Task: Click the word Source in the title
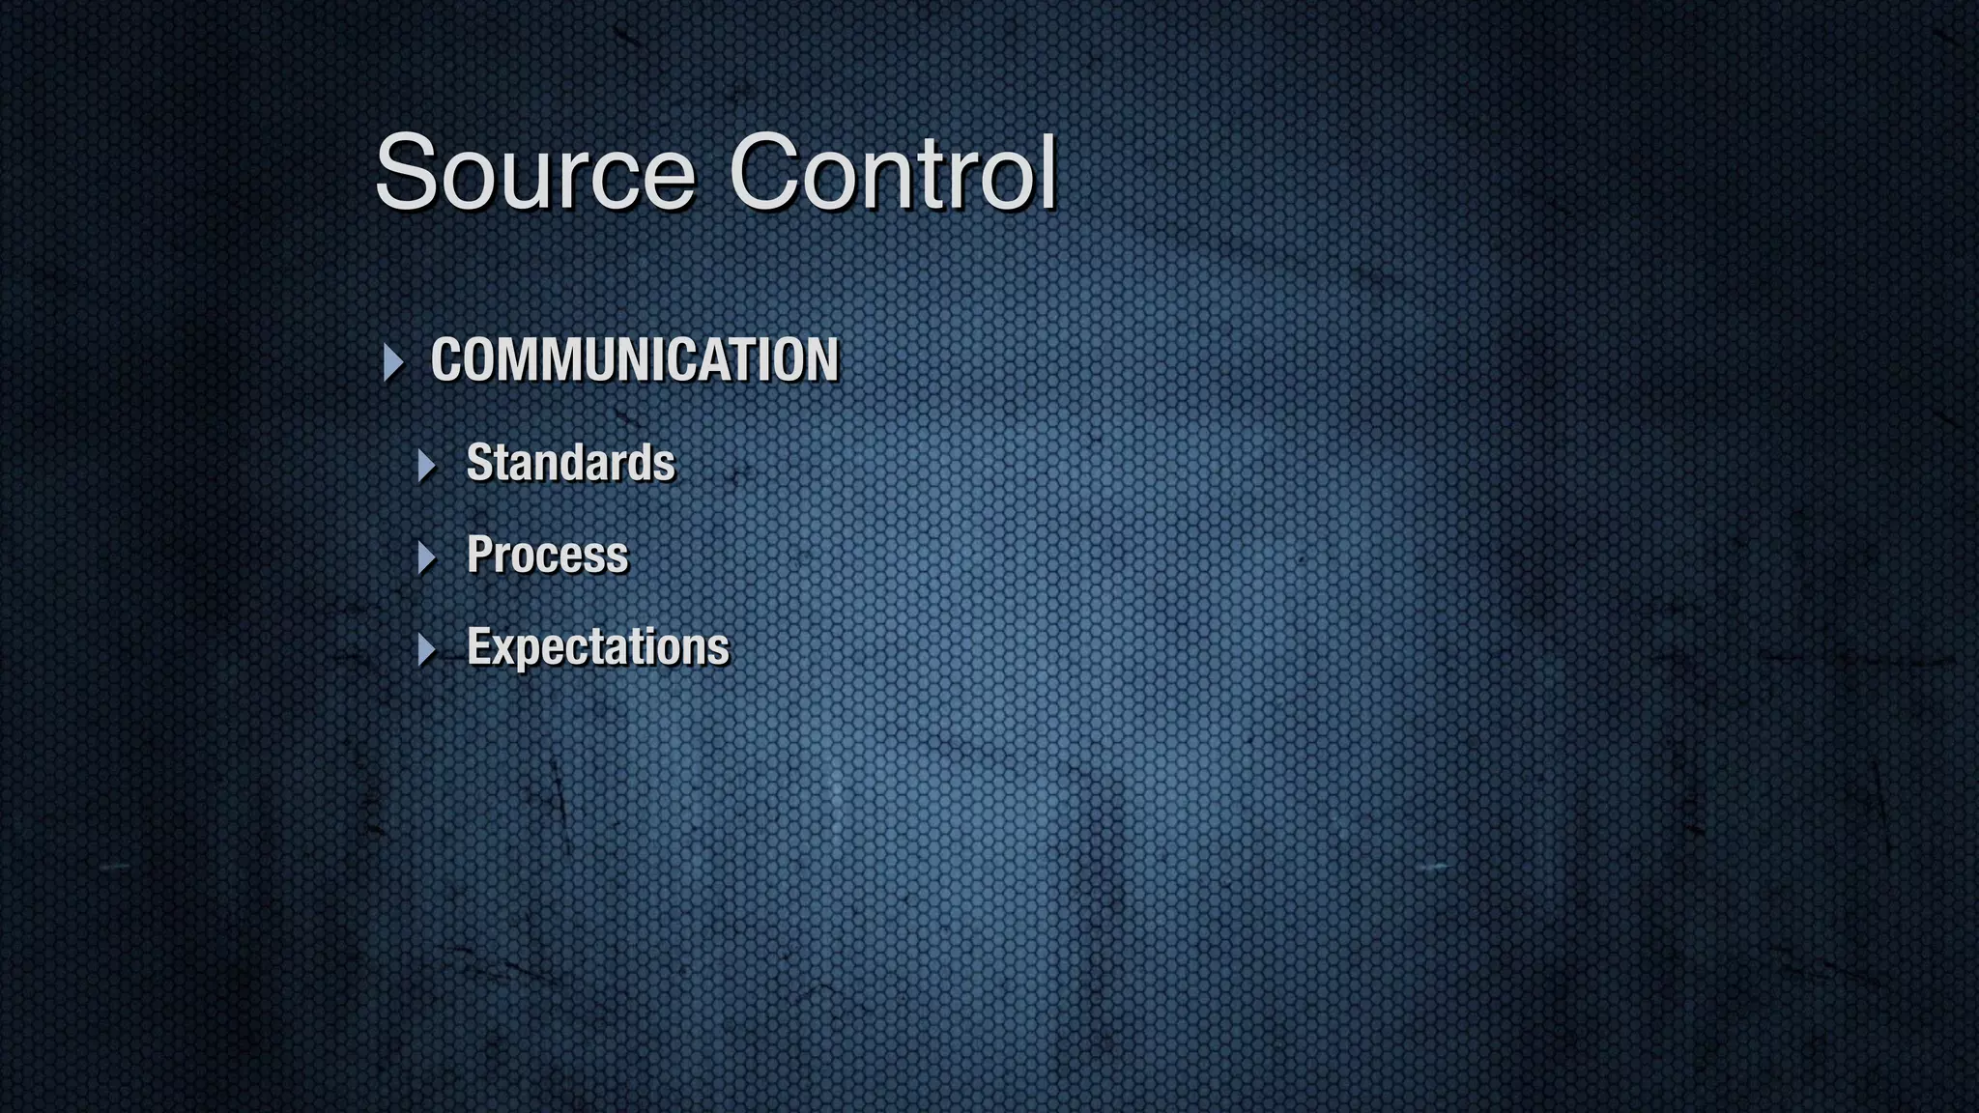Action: point(534,173)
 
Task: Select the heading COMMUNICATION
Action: point(635,360)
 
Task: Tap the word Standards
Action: point(570,463)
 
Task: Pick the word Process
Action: point(547,556)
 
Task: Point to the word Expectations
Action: point(598,647)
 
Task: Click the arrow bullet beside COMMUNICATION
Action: point(393,362)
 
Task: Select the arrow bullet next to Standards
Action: point(427,466)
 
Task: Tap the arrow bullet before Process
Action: point(427,557)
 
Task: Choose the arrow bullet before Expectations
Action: point(427,649)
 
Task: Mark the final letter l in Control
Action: point(1048,171)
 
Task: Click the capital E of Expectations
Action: point(479,646)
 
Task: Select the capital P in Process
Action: point(479,555)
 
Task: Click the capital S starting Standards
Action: point(479,463)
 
